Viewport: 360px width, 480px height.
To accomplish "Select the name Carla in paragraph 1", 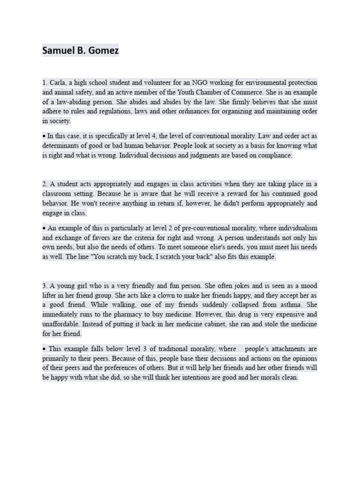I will (x=58, y=82).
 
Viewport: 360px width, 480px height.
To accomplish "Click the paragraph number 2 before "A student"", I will (x=44, y=184).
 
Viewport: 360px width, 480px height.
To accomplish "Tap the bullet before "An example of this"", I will (x=44, y=228).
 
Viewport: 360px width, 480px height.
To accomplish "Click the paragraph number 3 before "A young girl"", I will (x=44, y=285).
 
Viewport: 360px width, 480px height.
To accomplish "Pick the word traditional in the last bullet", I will (x=175, y=349).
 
